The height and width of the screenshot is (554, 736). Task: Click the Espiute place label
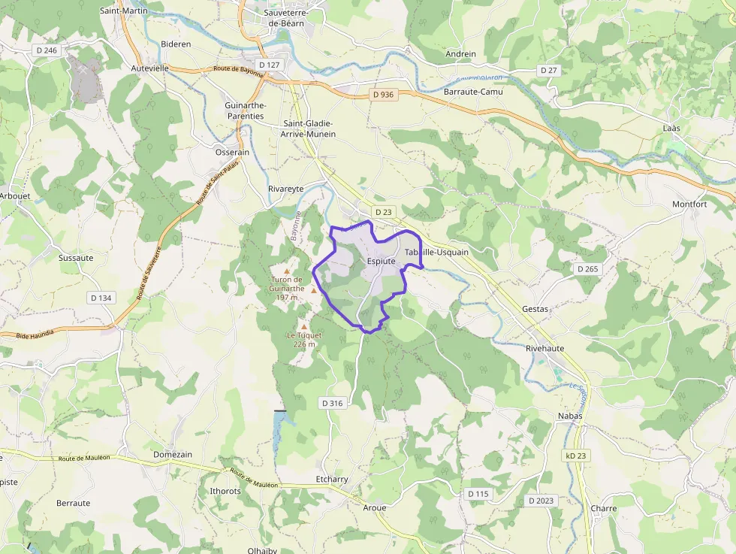tap(381, 261)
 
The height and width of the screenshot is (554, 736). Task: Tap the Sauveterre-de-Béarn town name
tap(292, 18)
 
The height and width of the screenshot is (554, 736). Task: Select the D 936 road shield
tap(383, 95)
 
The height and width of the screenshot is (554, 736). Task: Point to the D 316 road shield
tap(332, 403)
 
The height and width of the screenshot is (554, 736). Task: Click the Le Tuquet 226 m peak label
tap(304, 340)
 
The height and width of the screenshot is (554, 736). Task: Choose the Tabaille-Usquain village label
tap(436, 253)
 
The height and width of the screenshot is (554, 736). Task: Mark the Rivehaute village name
tap(544, 349)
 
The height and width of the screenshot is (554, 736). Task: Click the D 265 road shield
tap(588, 268)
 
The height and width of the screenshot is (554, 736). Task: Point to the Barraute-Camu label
tap(473, 92)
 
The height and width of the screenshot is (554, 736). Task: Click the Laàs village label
tap(671, 129)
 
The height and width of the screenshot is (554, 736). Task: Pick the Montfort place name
tap(689, 204)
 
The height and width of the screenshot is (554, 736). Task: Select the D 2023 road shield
tap(541, 501)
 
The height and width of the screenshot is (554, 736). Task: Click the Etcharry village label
tap(332, 480)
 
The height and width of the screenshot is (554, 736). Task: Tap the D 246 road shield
tap(47, 50)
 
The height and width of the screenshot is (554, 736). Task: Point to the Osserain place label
tap(232, 153)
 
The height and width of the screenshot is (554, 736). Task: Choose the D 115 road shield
tap(478, 494)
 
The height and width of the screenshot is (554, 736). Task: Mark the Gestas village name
tap(535, 310)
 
